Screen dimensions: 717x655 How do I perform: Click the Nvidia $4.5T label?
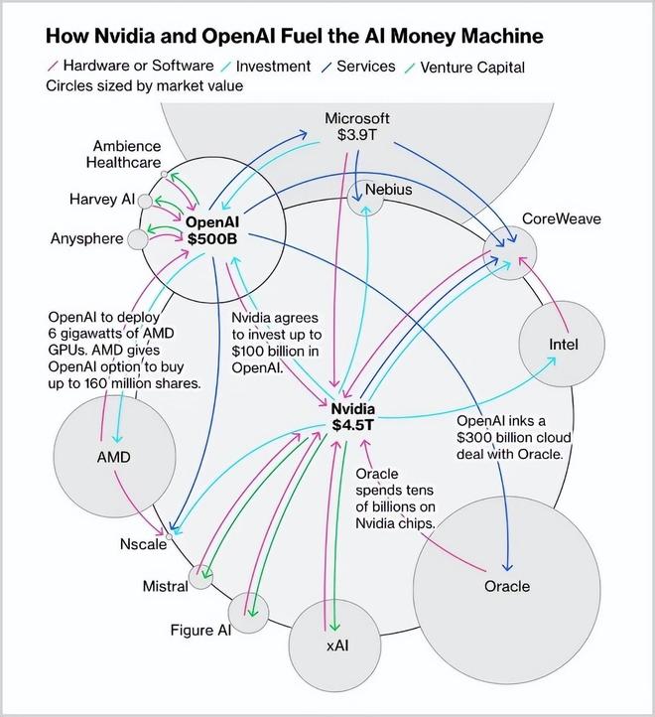pos(352,417)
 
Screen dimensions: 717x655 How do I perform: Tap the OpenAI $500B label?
pos(210,230)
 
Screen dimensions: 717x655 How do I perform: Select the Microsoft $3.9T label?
pos(357,127)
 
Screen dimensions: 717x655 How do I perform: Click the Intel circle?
pos(562,345)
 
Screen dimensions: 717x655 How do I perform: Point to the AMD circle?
pos(113,457)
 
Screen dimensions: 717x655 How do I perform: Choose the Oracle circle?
pos(506,586)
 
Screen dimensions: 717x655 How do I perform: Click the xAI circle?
pos(337,645)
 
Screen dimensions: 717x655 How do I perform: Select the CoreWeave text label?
pos(562,218)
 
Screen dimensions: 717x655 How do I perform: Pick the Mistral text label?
pos(165,586)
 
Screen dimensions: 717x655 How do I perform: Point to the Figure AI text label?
pos(199,630)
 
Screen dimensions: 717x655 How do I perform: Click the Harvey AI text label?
pos(101,200)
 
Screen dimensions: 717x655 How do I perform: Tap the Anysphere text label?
pos(86,238)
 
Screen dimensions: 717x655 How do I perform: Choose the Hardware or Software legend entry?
pos(137,67)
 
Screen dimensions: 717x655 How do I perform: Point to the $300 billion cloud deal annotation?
pos(510,437)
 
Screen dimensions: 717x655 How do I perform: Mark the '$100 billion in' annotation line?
pos(274,352)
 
